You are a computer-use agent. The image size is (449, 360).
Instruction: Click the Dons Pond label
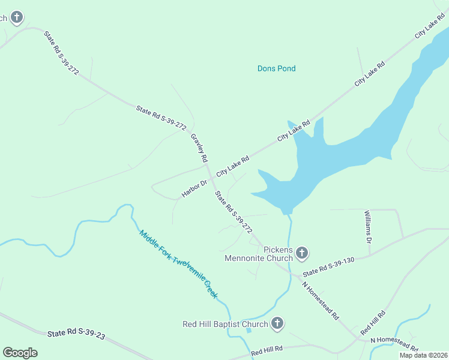(276, 68)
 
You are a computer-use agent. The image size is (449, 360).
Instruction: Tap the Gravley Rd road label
(199, 148)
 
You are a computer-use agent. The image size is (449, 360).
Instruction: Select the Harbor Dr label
(194, 188)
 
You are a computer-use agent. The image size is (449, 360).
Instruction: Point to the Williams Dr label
(369, 226)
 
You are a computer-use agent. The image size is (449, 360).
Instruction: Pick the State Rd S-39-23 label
(76, 334)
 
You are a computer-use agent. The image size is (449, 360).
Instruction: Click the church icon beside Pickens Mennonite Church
(302, 253)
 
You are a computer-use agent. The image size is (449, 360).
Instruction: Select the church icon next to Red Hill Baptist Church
(277, 324)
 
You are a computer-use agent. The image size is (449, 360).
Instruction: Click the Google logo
(20, 352)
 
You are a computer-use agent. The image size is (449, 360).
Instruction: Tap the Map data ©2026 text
(423, 355)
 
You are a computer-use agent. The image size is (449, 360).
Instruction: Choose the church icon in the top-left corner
(17, 17)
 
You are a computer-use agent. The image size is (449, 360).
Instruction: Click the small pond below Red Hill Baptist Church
(249, 330)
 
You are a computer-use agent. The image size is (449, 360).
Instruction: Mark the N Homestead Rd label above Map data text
(394, 343)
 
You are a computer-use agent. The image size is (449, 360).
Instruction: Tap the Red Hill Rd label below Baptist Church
(267, 350)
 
